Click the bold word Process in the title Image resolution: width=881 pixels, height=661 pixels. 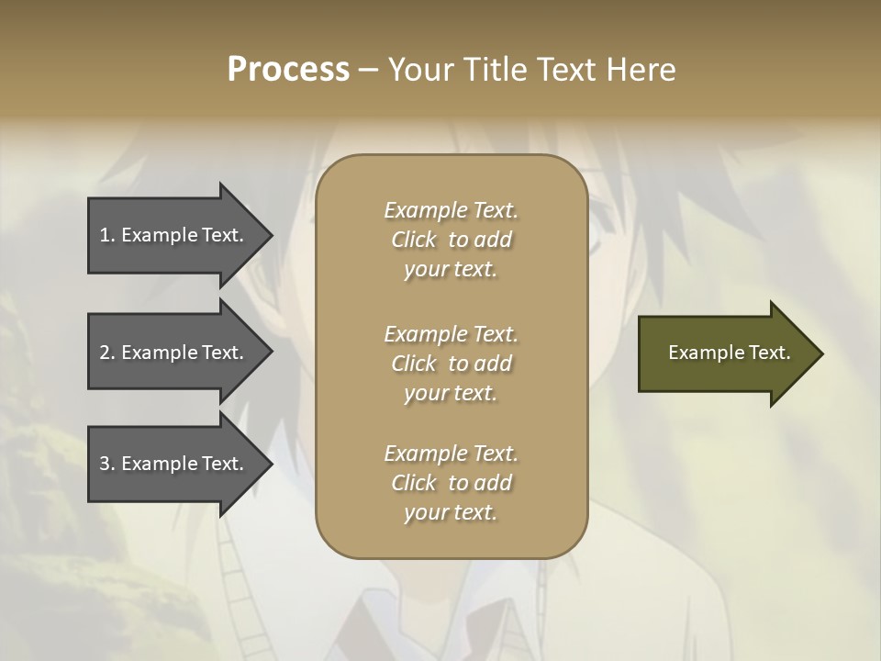point(288,70)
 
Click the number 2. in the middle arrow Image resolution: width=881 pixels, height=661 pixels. point(106,353)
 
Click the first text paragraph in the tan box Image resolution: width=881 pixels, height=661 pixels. point(451,240)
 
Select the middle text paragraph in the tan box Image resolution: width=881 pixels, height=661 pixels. point(451,363)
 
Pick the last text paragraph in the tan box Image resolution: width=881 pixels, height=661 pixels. point(451,483)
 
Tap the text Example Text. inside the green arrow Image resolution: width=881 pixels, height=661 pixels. point(729,353)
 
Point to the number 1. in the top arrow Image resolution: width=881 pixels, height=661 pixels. point(106,235)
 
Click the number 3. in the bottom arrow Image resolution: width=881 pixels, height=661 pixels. point(106,464)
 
